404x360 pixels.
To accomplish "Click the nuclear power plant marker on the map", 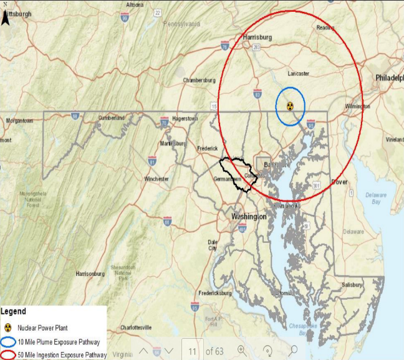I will point(290,106).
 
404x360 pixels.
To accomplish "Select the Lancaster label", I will point(298,73).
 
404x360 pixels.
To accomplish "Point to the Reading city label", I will point(325,28).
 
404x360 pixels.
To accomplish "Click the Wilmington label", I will point(357,107).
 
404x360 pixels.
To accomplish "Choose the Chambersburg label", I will point(199,80).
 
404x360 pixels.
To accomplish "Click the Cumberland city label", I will point(112,118).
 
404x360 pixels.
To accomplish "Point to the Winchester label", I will point(156,179).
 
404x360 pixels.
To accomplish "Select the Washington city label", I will point(249,216).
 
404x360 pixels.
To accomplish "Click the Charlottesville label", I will point(136,327).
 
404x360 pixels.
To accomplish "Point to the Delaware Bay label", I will point(376,198).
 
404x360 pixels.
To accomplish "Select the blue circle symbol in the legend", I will point(9,342).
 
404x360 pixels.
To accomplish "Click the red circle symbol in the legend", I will point(9,354).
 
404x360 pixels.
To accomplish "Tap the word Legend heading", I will point(13,311).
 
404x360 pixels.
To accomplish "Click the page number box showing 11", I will point(191,350).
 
